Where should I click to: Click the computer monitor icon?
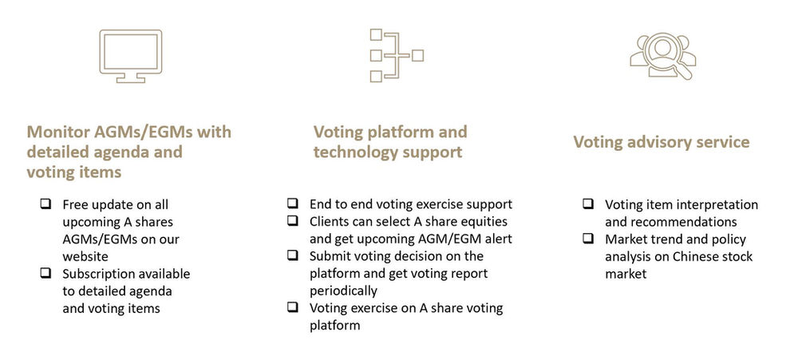[x=129, y=56]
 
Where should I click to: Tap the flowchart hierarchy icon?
[x=394, y=55]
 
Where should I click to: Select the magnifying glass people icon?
[x=662, y=56]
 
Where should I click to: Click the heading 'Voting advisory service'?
[x=661, y=142]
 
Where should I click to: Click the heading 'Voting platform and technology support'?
[x=390, y=141]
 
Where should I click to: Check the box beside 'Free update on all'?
[x=46, y=204]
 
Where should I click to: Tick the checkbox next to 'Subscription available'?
[x=46, y=274]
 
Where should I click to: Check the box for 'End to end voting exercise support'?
[x=294, y=204]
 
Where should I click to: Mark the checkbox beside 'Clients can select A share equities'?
[x=294, y=222]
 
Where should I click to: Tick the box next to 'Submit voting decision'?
[x=294, y=256]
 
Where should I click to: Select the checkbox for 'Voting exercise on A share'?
[x=294, y=308]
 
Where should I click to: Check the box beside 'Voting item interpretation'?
[x=588, y=204]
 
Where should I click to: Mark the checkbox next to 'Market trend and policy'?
[x=588, y=239]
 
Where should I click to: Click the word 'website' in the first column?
[x=85, y=256]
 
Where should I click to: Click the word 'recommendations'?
[x=670, y=222]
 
